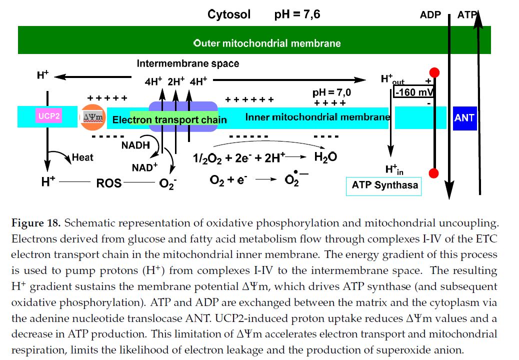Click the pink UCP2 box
coord(49,116)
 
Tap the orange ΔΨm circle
coord(92,117)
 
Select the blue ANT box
coord(465,118)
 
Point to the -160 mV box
coord(414,92)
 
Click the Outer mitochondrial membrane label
coord(267,43)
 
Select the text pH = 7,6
coord(297,14)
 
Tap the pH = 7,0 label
coord(331,92)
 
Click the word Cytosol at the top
coord(229,14)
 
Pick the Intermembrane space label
coord(188,63)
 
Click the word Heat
coord(82,157)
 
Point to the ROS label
coord(109,183)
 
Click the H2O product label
coord(325,157)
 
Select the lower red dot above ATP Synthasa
coord(434,173)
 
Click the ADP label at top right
coord(430,14)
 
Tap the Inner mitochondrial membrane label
coord(317,117)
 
